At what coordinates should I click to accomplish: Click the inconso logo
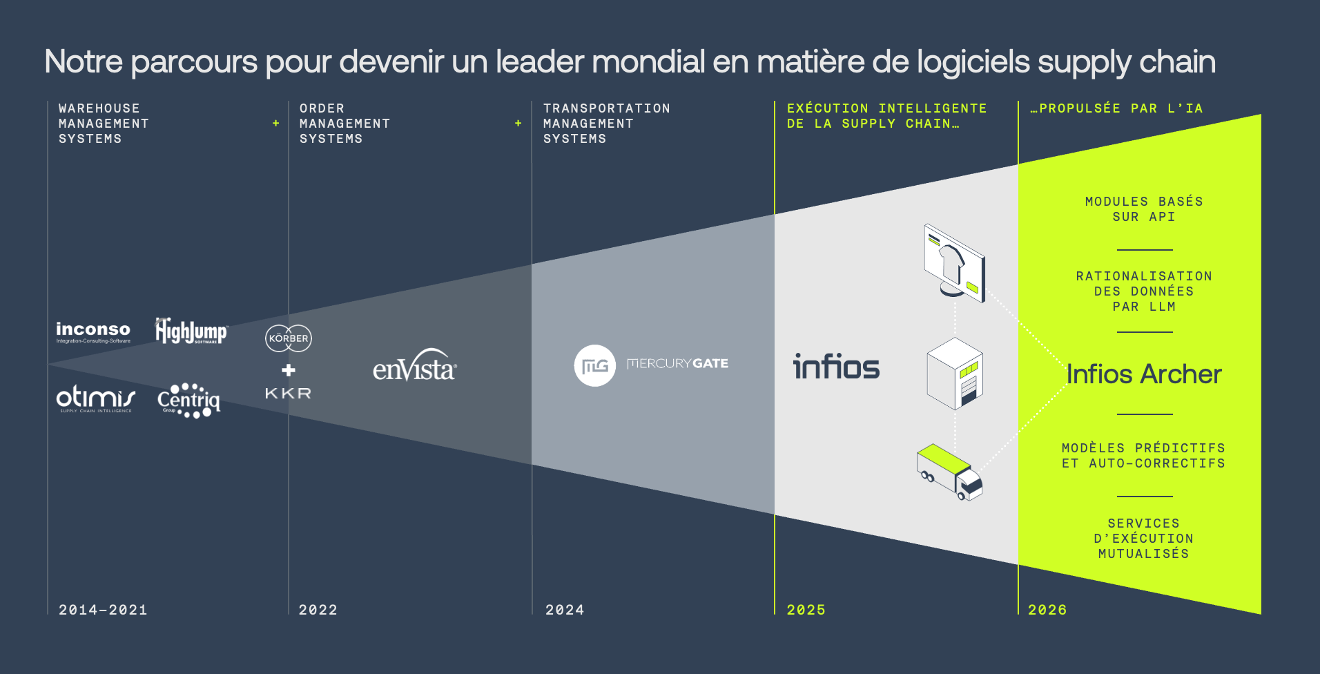coord(93,331)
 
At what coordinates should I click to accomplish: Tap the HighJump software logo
coord(191,331)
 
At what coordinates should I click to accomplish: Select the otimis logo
coord(95,399)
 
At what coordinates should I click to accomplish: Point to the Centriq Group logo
coord(188,401)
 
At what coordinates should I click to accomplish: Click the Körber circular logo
coord(289,338)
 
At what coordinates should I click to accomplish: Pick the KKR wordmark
coord(289,394)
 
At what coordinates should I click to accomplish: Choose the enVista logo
coord(414,366)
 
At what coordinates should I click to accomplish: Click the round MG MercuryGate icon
coord(594,365)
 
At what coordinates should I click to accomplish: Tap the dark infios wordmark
coord(836,367)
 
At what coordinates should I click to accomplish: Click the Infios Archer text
coord(1144,374)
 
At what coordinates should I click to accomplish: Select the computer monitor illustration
coord(955,263)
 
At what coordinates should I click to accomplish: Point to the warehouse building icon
coord(955,374)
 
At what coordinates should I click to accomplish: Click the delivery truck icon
coord(949,472)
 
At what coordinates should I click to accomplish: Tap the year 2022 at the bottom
coord(318,610)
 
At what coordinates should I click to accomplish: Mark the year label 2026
coord(1047,610)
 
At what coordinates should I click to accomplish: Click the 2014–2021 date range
coord(103,610)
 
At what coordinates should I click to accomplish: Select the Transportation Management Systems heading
coord(606,124)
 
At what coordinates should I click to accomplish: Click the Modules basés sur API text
coord(1144,209)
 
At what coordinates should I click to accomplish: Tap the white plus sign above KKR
coord(289,370)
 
